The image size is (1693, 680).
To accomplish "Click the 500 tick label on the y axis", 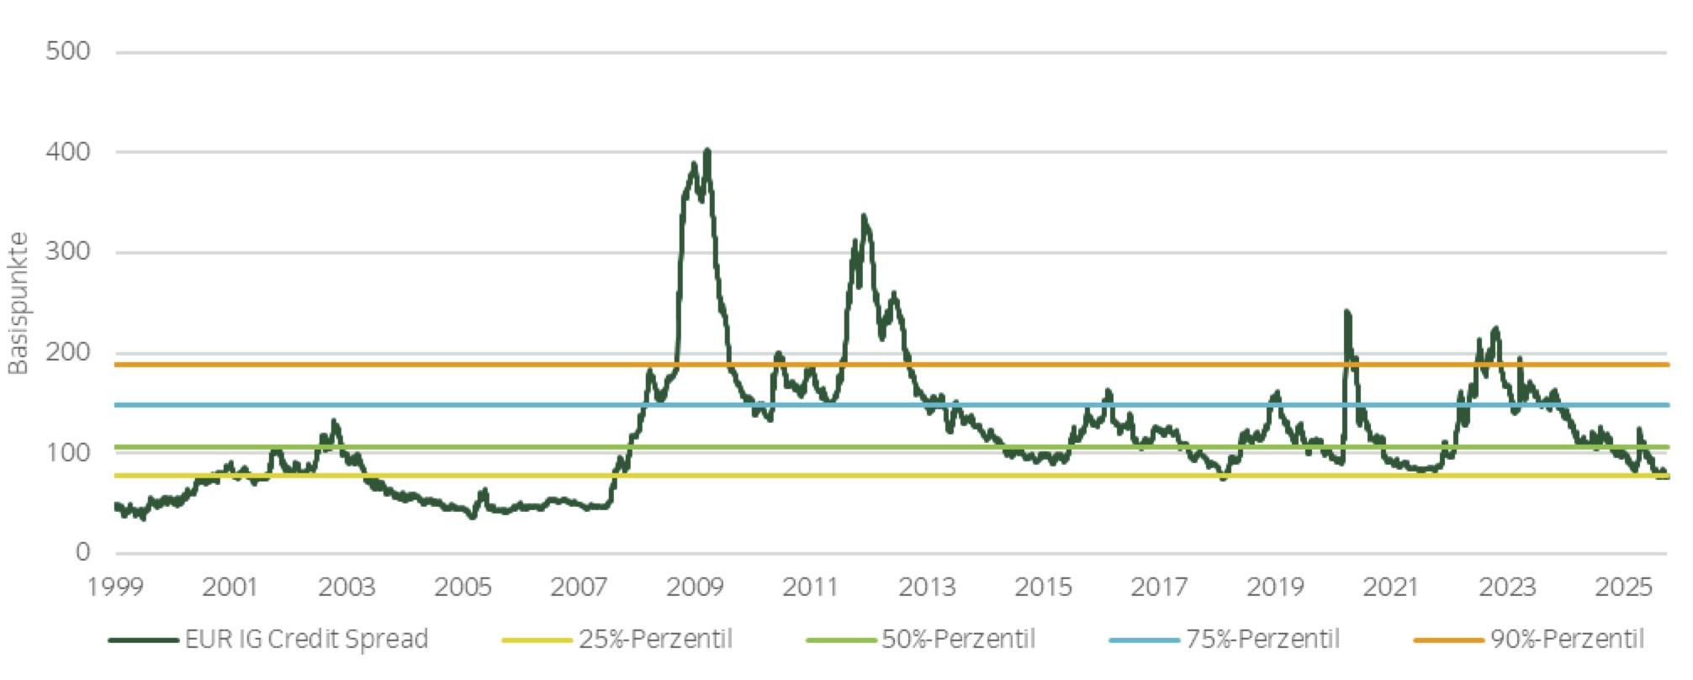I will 68,51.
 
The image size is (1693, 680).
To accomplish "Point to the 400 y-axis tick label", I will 68,152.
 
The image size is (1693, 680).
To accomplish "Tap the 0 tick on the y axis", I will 82,552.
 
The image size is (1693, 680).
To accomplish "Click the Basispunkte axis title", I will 18,303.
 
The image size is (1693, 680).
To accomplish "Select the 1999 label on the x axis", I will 115,587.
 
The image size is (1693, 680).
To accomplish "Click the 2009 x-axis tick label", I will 695,587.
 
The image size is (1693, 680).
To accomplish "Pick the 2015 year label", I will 1043,587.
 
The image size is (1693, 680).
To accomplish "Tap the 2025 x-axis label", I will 1623,587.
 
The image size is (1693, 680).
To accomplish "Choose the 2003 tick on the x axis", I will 347,587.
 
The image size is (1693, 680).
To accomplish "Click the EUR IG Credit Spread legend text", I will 306,640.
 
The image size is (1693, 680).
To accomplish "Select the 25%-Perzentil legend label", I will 655,640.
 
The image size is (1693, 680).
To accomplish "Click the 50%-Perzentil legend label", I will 958,640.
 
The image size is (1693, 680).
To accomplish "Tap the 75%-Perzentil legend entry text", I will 1262,640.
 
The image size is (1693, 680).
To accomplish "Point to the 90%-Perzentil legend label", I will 1567,640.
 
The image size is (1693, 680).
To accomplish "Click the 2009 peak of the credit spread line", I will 707,151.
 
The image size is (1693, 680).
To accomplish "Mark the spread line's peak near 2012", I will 864,217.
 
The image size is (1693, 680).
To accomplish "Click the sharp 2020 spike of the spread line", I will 1346,313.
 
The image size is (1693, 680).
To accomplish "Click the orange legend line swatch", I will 1448,640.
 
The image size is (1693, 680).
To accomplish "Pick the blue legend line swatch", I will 1144,640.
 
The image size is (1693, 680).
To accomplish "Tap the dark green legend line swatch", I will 143,640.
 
